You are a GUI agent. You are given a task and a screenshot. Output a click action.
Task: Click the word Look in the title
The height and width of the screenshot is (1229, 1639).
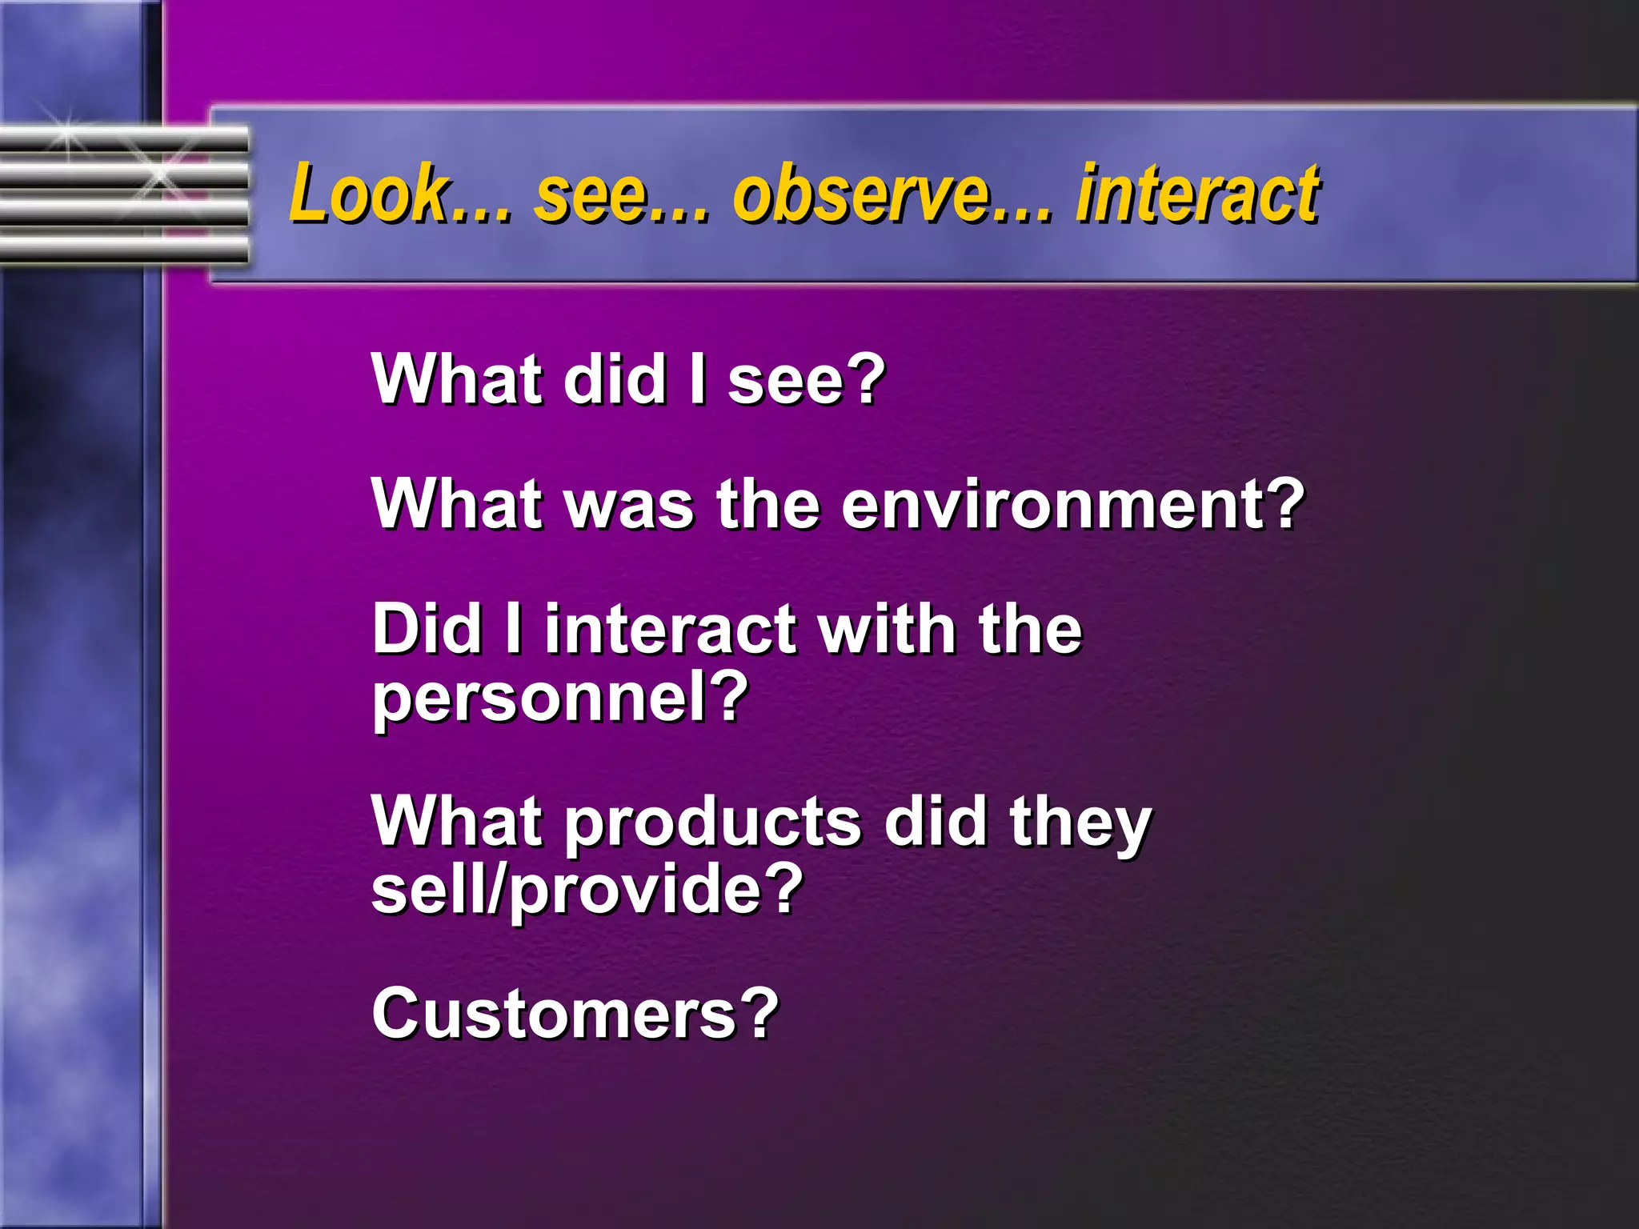point(369,194)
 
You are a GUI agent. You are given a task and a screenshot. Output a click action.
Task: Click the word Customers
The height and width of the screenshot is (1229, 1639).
point(553,1015)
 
